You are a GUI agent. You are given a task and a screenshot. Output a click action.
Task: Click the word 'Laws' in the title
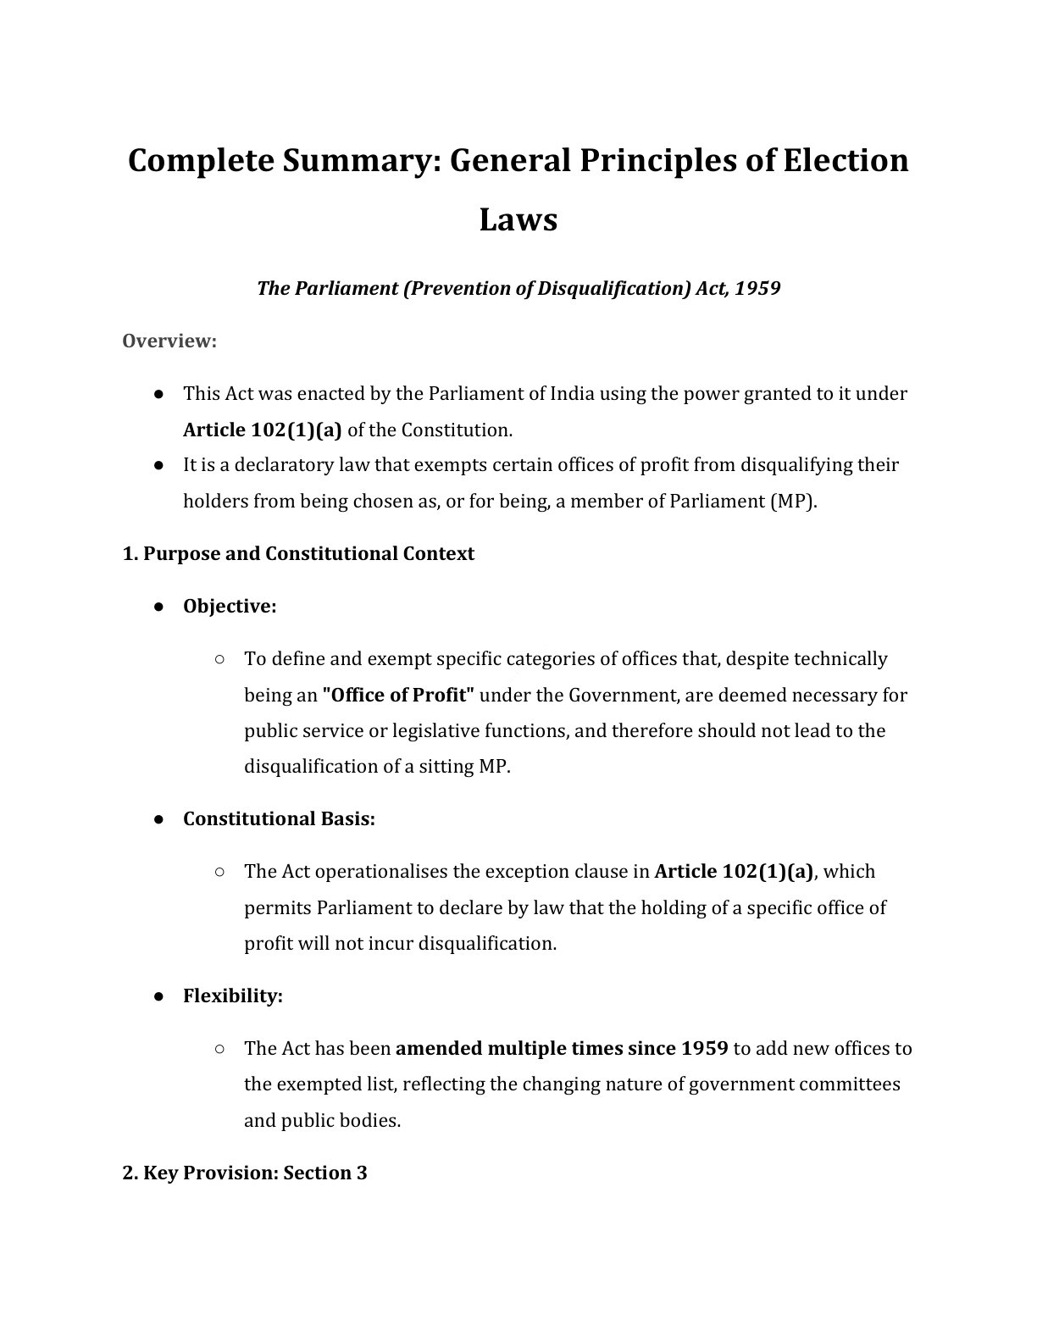coord(518,219)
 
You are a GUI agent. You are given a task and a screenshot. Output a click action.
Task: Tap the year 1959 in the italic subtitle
coord(757,288)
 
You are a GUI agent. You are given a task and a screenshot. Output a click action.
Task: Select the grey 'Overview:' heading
coord(169,341)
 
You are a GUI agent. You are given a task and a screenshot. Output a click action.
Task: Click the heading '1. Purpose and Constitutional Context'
coord(298,554)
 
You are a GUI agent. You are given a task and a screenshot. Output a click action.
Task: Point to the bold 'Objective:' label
coord(230,607)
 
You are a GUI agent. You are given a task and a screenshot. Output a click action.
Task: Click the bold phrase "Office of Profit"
coord(398,696)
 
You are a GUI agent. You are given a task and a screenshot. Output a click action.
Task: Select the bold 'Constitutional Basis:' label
coord(279,819)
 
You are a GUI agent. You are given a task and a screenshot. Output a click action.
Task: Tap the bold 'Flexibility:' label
coord(232,996)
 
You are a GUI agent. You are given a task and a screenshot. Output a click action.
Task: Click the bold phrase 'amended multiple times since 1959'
coord(562,1049)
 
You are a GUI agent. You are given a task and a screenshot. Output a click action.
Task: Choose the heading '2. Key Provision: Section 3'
coord(245,1173)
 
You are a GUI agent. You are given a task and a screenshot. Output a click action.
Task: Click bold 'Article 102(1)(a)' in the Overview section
coord(263,430)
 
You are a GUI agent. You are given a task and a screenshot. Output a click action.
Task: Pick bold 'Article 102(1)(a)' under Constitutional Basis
coord(735,872)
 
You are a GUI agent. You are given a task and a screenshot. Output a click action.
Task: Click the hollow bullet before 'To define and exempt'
coord(219,659)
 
